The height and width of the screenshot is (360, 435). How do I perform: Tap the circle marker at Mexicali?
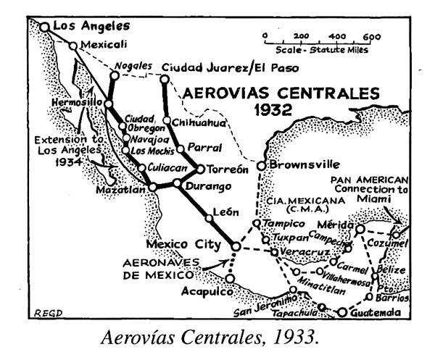pos(72,46)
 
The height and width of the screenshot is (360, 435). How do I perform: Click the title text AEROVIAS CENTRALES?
pos(281,93)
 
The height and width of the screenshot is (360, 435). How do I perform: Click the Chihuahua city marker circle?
pos(167,120)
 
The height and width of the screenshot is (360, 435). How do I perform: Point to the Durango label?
pos(202,186)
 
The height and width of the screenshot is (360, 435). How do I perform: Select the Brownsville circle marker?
pos(262,164)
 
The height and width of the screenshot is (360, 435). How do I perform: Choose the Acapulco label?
pos(196,293)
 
